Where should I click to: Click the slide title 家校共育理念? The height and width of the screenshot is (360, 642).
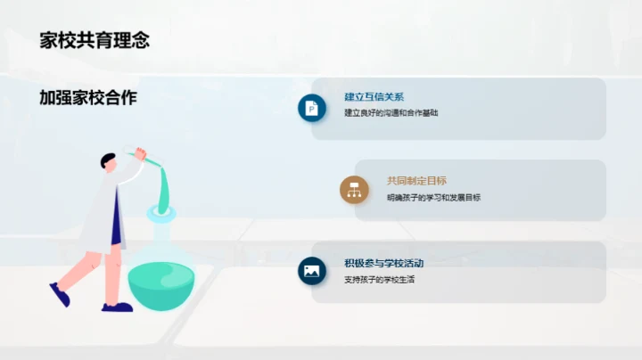(x=94, y=40)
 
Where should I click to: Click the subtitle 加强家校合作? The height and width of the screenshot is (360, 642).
(x=88, y=98)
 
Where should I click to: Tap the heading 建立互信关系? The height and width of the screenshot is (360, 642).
(x=374, y=97)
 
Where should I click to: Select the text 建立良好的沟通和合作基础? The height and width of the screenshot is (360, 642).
(x=391, y=113)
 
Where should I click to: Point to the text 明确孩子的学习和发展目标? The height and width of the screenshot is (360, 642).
(x=433, y=198)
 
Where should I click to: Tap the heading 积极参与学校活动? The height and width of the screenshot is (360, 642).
(x=383, y=264)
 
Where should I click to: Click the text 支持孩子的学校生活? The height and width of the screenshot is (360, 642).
(x=380, y=280)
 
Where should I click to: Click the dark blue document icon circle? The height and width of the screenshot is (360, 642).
(x=311, y=107)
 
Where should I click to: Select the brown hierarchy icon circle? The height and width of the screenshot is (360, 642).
(x=354, y=189)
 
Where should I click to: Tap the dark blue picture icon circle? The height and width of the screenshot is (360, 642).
(x=311, y=272)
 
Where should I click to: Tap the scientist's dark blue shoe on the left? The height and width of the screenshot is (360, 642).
(x=60, y=294)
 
